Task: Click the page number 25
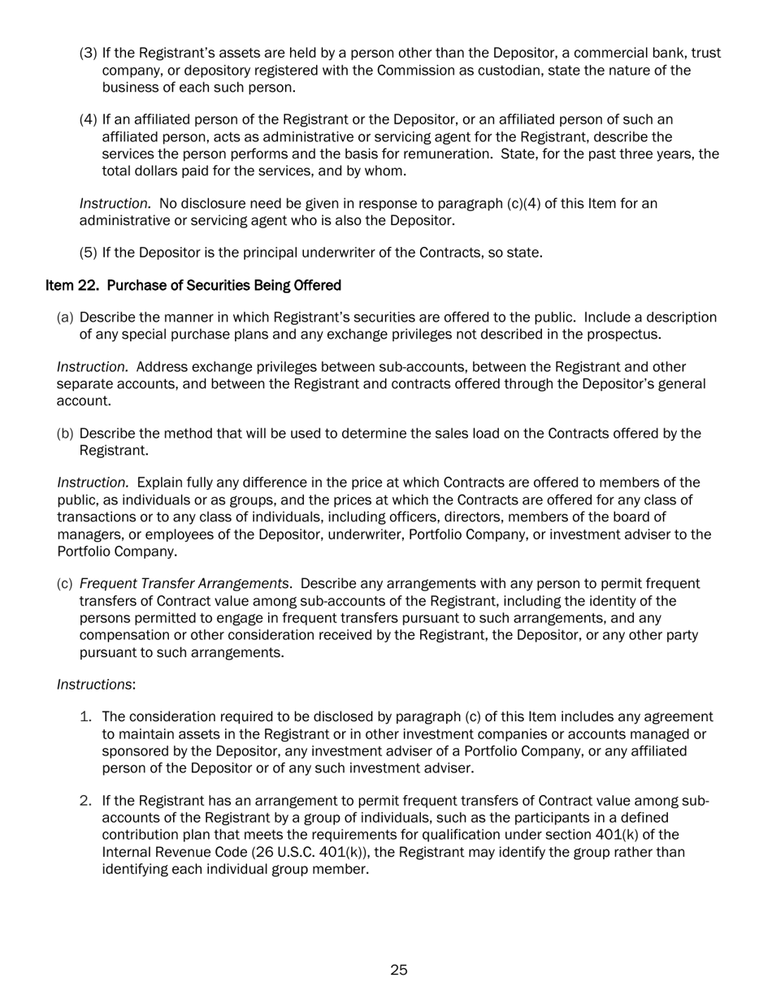[x=398, y=970]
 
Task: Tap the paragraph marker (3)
[x=88, y=53]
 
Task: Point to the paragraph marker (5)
[x=88, y=253]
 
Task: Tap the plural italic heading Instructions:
[x=96, y=685]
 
